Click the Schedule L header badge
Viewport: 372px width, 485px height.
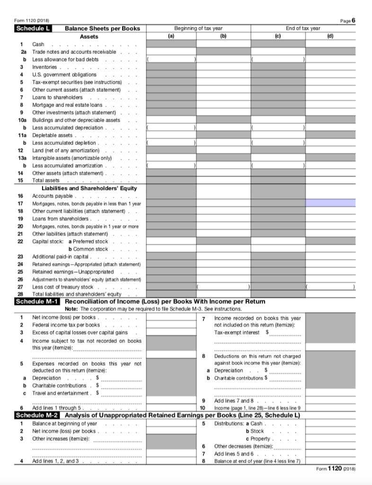33,28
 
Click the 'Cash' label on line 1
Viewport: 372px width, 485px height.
38,44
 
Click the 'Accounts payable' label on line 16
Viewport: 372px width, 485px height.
52,196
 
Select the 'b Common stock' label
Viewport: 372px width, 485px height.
89,249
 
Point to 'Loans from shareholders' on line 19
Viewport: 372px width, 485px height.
60,218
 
